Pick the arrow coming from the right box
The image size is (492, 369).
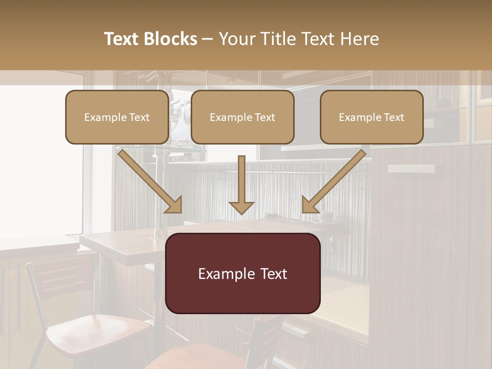coord(335,181)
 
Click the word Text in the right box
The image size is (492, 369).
coord(394,117)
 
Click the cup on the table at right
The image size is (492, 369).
coord(326,216)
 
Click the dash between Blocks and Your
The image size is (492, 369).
coord(208,39)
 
